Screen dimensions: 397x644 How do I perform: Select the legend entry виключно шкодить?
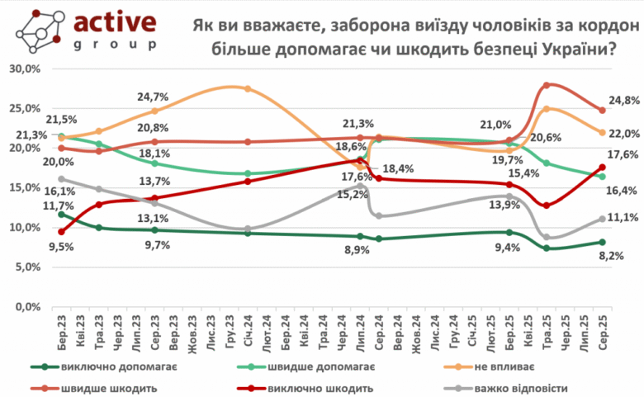(x=317, y=386)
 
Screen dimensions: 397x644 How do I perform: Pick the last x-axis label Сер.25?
(x=601, y=332)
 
